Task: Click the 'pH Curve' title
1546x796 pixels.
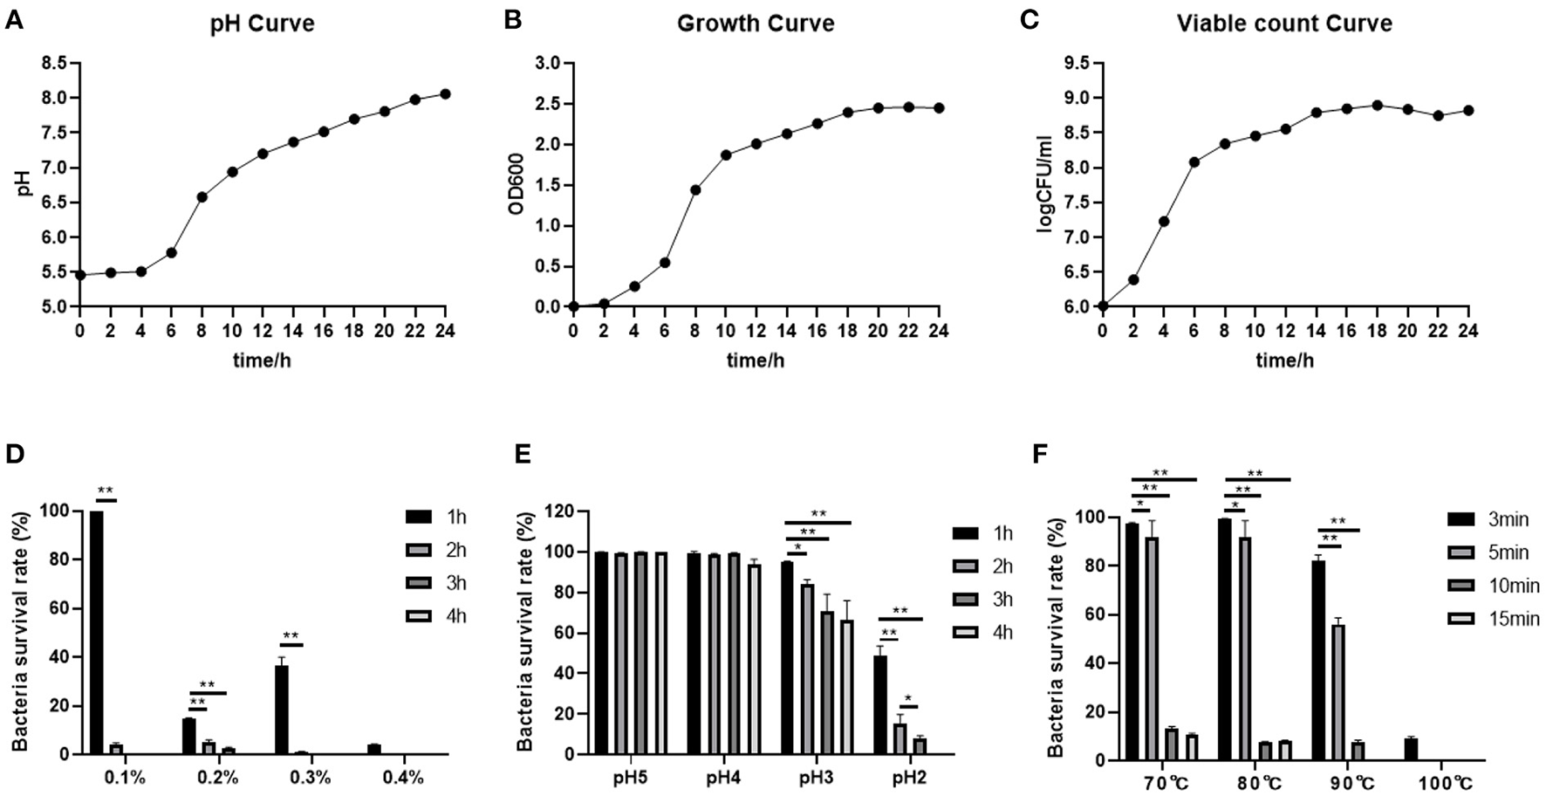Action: tap(262, 23)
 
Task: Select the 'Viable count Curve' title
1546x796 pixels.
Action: tap(1283, 23)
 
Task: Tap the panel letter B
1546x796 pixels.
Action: tap(513, 19)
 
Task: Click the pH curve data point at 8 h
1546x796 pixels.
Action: tap(202, 197)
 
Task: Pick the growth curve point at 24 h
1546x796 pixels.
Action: tap(939, 108)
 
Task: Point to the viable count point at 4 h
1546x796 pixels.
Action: tap(1163, 222)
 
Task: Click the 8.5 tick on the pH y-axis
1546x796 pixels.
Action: tap(54, 63)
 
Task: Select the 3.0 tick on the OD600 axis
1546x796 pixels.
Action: tap(548, 63)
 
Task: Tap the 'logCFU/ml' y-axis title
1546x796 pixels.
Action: tap(1044, 184)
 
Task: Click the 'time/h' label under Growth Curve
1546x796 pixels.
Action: tap(755, 360)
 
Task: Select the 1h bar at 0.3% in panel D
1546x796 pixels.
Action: tap(281, 710)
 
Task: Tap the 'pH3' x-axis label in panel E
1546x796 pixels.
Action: tap(816, 777)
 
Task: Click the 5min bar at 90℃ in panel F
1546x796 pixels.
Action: tap(1337, 692)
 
